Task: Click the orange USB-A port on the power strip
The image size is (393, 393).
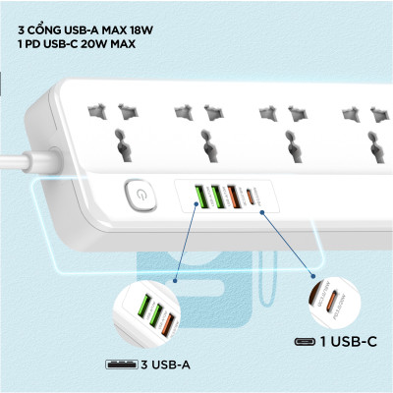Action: (232, 196)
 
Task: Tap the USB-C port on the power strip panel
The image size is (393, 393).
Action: (258, 196)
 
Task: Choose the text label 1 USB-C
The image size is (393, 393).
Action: (351, 341)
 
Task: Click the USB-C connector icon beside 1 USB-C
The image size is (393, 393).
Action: (305, 342)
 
